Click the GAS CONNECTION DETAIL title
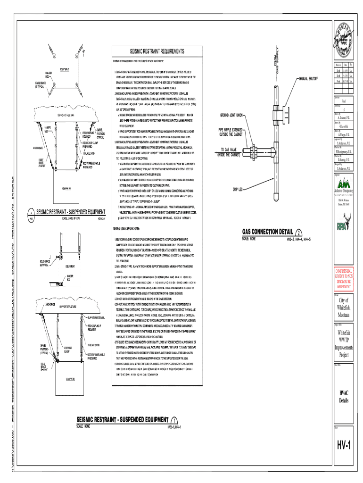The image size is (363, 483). pos(268,232)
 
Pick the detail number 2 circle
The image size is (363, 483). pos(299,233)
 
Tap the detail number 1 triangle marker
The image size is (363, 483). pos(174,421)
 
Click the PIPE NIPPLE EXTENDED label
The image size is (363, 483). pos(231,132)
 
